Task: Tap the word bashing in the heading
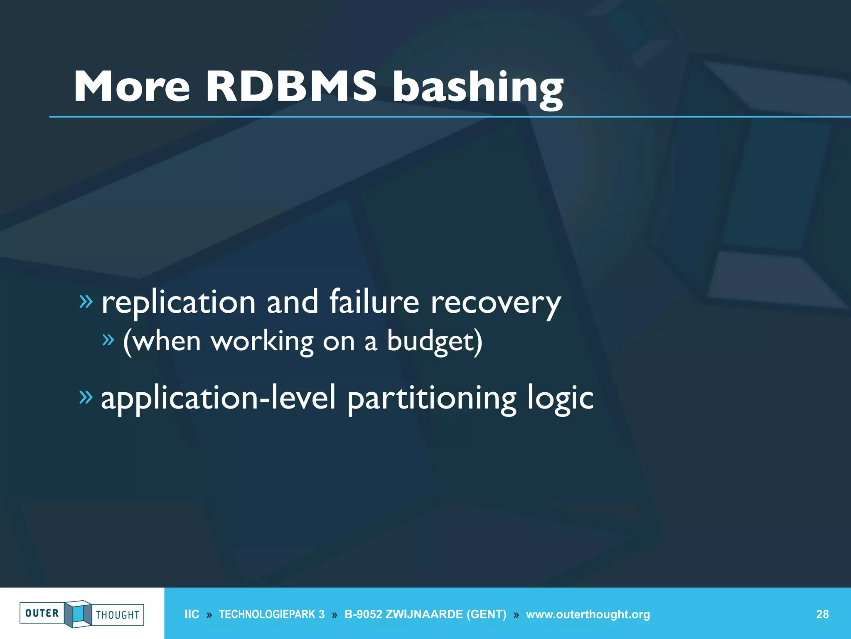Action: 478,88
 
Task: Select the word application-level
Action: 218,399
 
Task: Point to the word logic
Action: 560,399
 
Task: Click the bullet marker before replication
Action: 86,301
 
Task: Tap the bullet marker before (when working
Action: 108,340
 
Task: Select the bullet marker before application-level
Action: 86,397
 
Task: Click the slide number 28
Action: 822,614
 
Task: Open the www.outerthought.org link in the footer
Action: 588,614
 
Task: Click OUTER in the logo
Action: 42,613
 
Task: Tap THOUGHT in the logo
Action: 118,615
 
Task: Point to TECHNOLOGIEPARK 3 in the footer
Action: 272,614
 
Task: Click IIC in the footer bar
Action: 192,614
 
